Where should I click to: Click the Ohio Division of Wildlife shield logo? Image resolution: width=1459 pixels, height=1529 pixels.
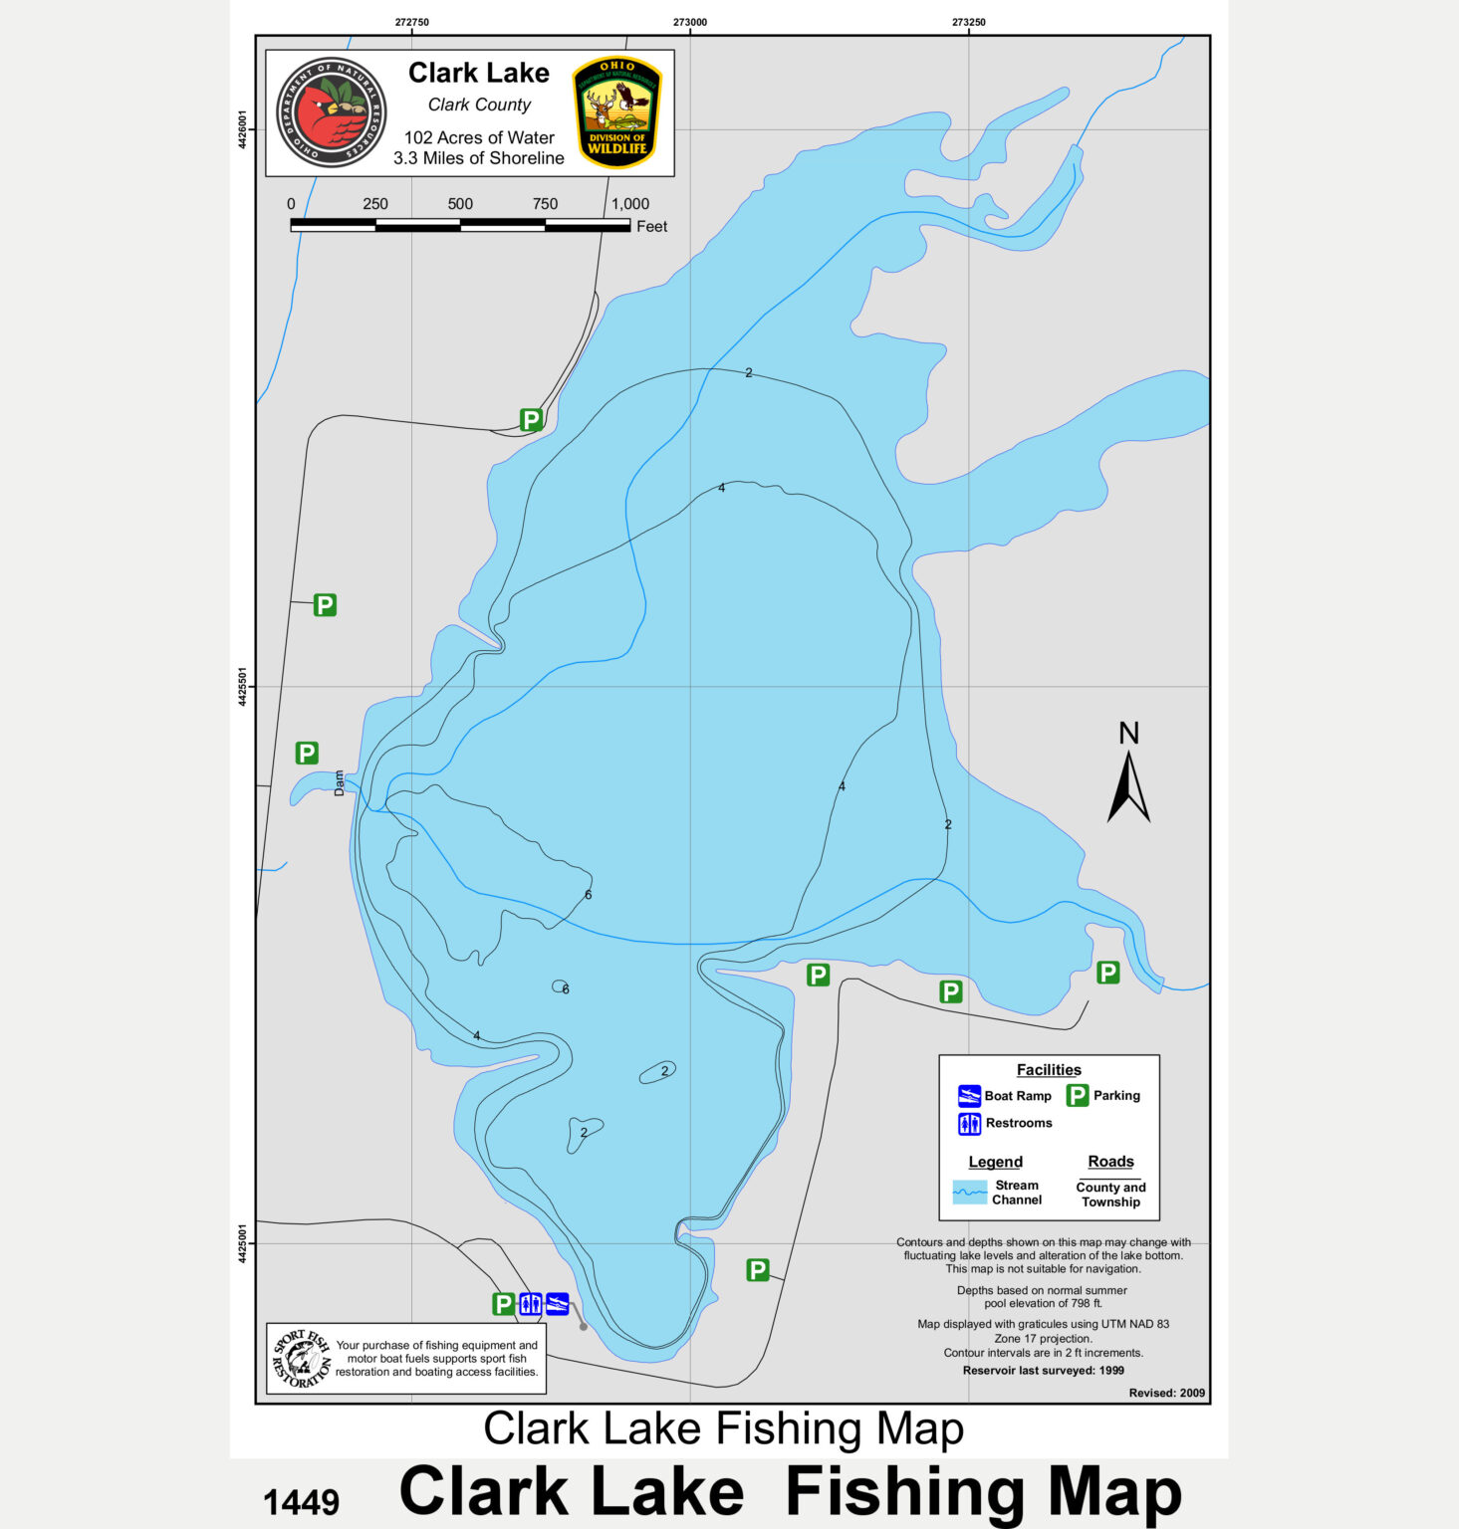[617, 111]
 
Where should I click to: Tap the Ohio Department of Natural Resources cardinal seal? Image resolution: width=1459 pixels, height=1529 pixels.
[332, 111]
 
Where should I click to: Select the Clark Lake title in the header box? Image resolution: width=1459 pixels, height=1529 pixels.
[478, 73]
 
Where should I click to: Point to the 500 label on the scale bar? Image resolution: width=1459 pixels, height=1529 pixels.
[460, 204]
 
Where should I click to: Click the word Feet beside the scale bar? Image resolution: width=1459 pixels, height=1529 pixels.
[651, 227]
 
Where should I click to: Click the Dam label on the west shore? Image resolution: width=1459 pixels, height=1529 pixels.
[339, 782]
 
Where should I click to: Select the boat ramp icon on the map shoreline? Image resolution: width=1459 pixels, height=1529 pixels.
[558, 1303]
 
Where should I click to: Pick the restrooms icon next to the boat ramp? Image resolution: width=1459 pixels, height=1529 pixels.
[531, 1303]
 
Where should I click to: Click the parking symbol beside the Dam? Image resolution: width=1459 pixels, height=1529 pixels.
[307, 754]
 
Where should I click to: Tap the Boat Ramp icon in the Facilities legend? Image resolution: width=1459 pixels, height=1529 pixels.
[969, 1096]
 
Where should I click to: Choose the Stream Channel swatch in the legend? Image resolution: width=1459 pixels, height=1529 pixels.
[969, 1192]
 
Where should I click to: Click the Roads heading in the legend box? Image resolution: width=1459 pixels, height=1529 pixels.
[1110, 1162]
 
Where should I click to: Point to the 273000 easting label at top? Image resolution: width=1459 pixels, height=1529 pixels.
[690, 22]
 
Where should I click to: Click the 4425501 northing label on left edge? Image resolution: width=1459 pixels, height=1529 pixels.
[243, 687]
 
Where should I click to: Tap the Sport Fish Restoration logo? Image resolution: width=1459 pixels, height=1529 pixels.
[301, 1359]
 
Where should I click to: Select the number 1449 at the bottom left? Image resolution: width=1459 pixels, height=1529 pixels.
[301, 1502]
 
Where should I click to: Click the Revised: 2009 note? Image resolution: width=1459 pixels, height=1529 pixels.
[1166, 1393]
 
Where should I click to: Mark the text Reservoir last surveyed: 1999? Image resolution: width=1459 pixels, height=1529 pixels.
[1043, 1371]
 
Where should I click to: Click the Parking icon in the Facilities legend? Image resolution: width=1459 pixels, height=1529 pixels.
[1077, 1096]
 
